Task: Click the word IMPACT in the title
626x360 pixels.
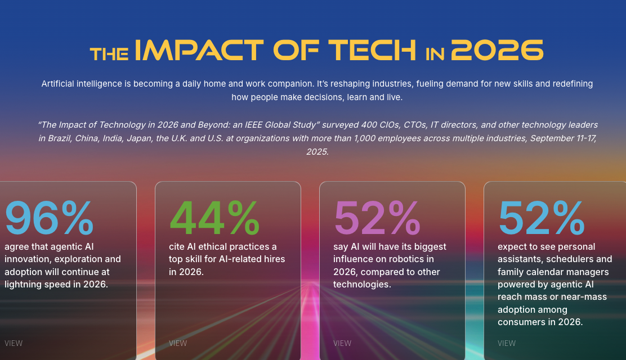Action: tap(199, 50)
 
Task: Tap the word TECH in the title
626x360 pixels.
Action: tap(372, 50)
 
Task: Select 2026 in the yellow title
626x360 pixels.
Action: tap(497, 50)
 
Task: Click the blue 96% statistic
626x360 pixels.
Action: tap(49, 218)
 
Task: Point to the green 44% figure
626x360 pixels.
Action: tap(214, 218)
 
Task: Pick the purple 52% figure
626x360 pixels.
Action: tap(377, 218)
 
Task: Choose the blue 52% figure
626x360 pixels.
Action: tap(542, 218)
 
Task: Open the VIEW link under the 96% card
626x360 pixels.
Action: tap(14, 343)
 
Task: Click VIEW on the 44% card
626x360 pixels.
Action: tap(178, 343)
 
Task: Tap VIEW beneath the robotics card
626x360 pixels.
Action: tap(342, 343)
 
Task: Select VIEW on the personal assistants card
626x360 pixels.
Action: tap(507, 343)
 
